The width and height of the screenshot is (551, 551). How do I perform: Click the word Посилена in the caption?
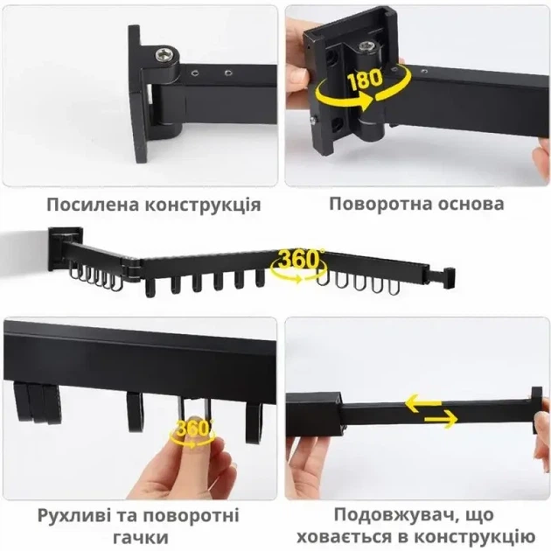(93, 204)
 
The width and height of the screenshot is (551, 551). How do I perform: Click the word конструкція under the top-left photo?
(203, 206)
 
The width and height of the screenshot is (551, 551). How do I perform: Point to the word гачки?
(141, 538)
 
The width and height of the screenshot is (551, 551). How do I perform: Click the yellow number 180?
(365, 79)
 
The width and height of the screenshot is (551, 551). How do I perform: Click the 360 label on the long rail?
(297, 259)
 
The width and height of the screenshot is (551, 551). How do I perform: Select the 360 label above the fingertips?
(192, 429)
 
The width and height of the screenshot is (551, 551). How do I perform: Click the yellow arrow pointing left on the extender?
(423, 402)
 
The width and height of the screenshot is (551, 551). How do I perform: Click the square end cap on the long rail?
(450, 278)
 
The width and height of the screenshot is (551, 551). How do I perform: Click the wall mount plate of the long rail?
(65, 248)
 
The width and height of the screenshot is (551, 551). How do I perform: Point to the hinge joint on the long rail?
(131, 269)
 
